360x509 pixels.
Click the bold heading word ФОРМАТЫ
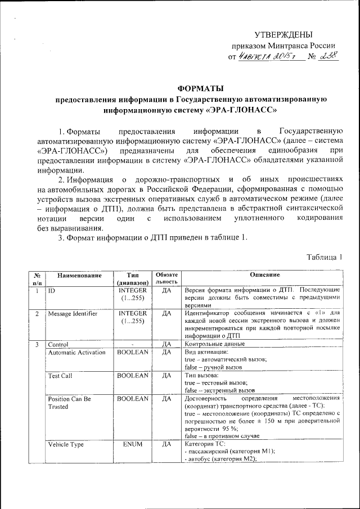200,88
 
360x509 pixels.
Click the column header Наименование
79,275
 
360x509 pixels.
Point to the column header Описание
265,275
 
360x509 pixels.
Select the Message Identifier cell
73,313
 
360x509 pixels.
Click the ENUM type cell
133,444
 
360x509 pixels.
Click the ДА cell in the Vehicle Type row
166,444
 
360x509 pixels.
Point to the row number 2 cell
37,313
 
